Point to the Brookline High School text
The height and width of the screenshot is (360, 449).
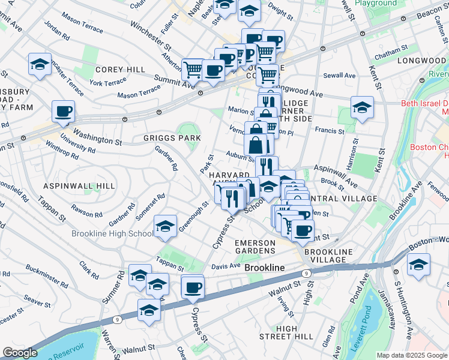(112, 234)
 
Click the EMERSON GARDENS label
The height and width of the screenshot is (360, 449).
(255, 247)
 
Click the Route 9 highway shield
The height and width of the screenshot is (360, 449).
(306, 273)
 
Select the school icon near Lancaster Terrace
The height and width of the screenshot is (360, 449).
(40, 65)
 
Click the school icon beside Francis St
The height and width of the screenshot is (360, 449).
(362, 108)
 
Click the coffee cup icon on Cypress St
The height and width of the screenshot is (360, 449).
(193, 289)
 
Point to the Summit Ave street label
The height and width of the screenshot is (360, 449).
(175, 80)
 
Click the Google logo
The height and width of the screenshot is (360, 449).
(20, 353)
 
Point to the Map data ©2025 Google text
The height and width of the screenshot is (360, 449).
(411, 355)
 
